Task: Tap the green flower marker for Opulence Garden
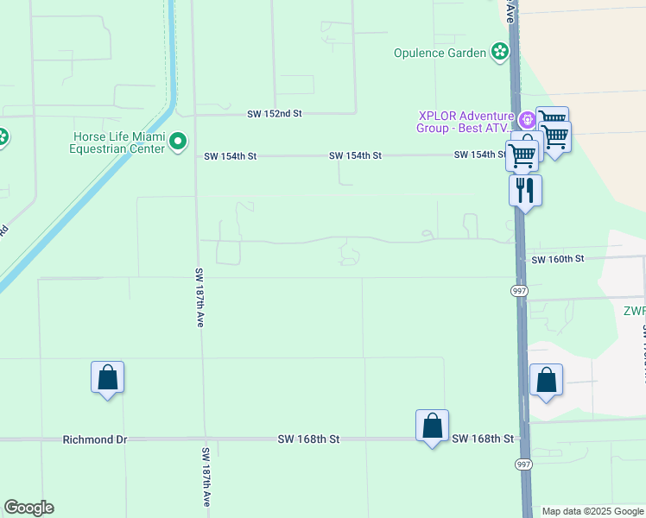(x=499, y=53)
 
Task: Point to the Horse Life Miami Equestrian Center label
(x=118, y=142)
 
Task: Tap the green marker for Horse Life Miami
(x=178, y=141)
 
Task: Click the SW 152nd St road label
(x=274, y=113)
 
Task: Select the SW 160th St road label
(x=558, y=259)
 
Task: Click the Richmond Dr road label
(x=94, y=439)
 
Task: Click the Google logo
(x=28, y=508)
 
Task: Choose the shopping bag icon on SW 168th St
(x=432, y=426)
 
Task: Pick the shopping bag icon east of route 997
(x=546, y=379)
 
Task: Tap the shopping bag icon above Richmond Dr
(x=107, y=377)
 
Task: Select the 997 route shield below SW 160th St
(x=520, y=291)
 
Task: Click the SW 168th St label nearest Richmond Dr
(x=308, y=439)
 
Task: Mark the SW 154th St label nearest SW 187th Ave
(x=231, y=156)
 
